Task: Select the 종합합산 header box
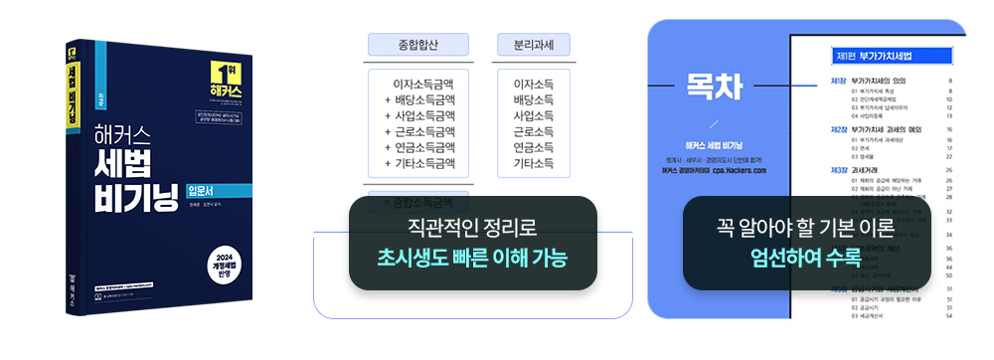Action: [417, 45]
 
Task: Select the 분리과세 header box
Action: [534, 45]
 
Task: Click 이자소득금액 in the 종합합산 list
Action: [424, 85]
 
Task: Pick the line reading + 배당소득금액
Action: [419, 100]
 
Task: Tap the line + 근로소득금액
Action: [419, 131]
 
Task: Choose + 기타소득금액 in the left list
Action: [419, 163]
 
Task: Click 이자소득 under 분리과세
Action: [534, 85]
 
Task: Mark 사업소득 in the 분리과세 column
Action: [534, 116]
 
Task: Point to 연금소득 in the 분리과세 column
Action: [534, 147]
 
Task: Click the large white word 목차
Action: [713, 87]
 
